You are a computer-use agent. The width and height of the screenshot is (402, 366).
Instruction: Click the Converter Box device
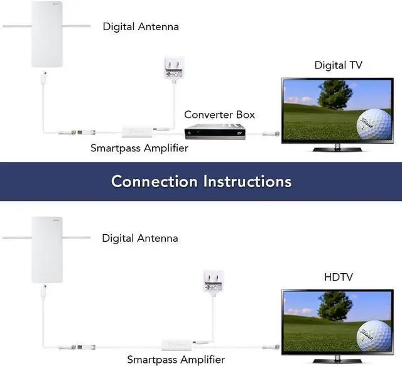click(x=215, y=132)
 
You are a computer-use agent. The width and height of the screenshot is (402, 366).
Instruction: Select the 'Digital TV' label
click(x=339, y=65)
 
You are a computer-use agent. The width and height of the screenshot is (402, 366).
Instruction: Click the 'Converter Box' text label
click(x=220, y=115)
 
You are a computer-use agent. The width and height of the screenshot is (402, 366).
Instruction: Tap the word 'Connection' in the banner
click(x=154, y=181)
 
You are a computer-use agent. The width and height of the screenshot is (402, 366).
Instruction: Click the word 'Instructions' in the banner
click(x=247, y=181)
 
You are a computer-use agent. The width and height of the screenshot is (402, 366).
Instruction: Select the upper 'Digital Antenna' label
click(x=141, y=26)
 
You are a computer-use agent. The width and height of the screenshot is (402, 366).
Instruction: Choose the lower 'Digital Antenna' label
click(x=140, y=238)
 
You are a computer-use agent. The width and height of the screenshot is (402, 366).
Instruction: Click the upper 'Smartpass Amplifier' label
click(x=139, y=149)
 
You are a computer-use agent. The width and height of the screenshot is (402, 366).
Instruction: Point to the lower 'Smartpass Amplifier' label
click(x=176, y=360)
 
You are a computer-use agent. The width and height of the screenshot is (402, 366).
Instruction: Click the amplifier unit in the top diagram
click(x=135, y=132)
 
